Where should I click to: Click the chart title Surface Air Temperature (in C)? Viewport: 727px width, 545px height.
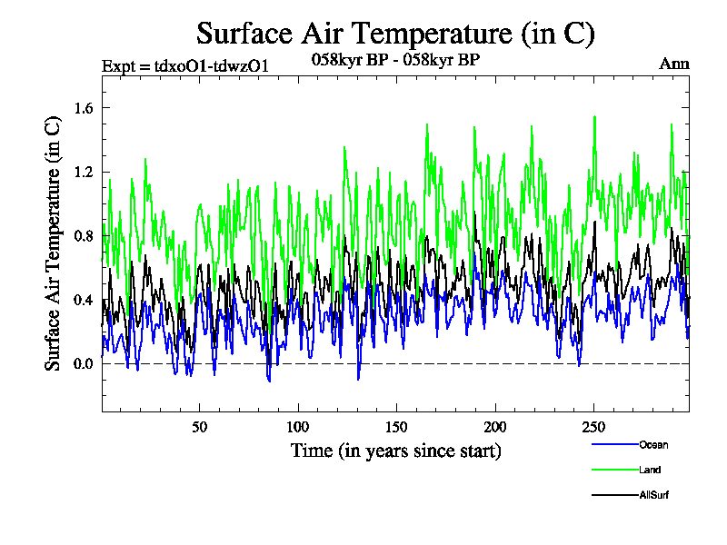point(395,34)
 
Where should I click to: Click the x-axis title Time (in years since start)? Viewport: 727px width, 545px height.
point(395,451)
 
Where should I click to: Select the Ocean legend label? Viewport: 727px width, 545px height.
point(652,445)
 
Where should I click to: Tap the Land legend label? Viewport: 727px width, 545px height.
point(649,471)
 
